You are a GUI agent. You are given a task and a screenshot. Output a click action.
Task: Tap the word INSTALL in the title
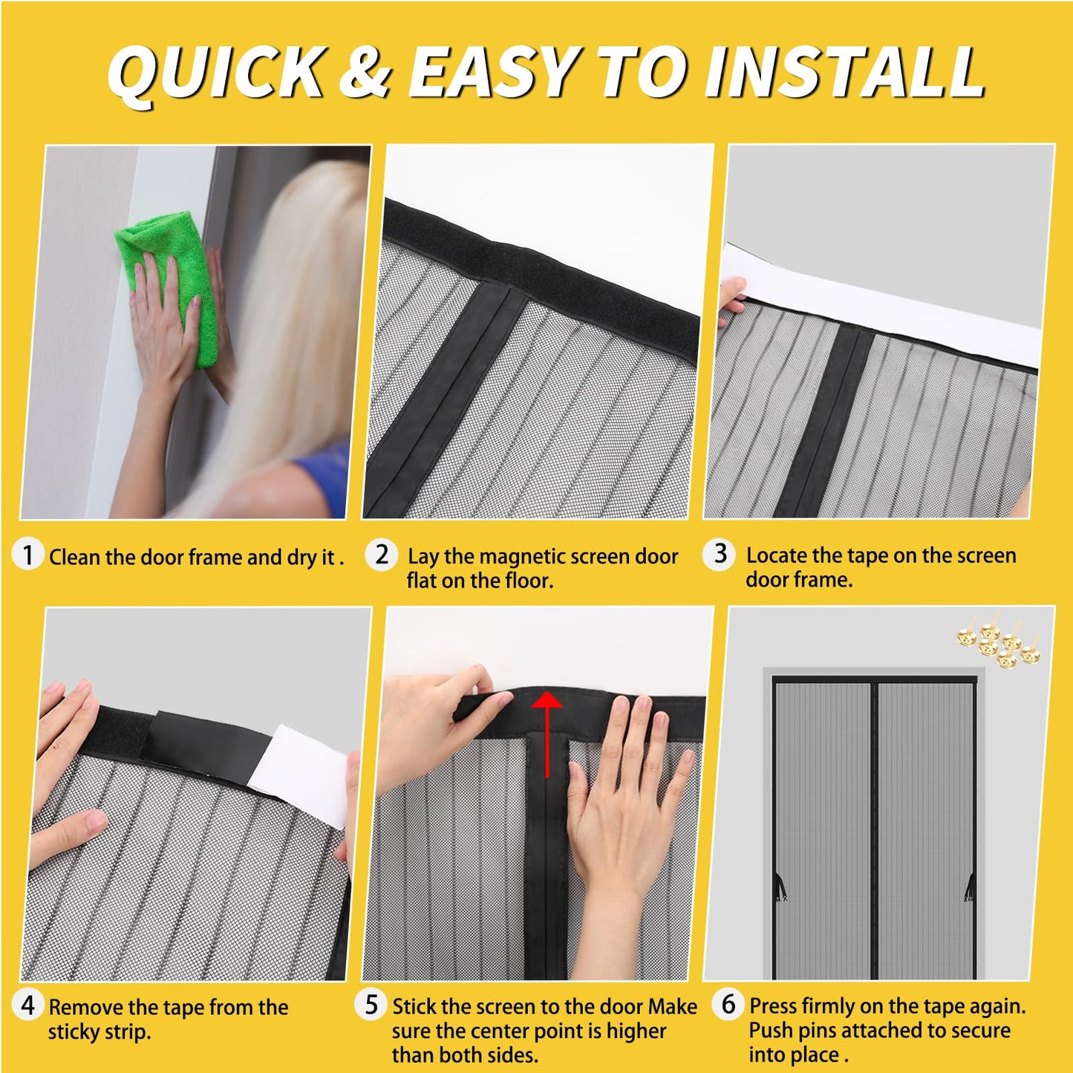pos(844,72)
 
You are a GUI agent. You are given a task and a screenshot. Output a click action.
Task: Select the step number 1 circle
pos(28,555)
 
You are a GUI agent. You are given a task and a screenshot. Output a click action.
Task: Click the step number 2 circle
pos(382,554)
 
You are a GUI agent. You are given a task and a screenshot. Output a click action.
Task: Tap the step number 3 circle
pos(720,553)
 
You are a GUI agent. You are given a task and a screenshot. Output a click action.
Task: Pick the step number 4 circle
pos(28,1005)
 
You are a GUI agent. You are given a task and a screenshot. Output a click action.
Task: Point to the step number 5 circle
pos(371,1005)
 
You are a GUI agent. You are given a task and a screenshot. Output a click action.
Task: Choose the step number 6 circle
pos(728,1004)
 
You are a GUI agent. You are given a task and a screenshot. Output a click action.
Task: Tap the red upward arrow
pos(548,731)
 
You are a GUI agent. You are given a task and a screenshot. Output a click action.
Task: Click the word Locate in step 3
pos(776,555)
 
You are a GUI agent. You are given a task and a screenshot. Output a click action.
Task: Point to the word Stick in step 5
pos(414,1007)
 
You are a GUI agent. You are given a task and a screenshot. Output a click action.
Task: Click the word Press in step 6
pos(773,1006)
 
